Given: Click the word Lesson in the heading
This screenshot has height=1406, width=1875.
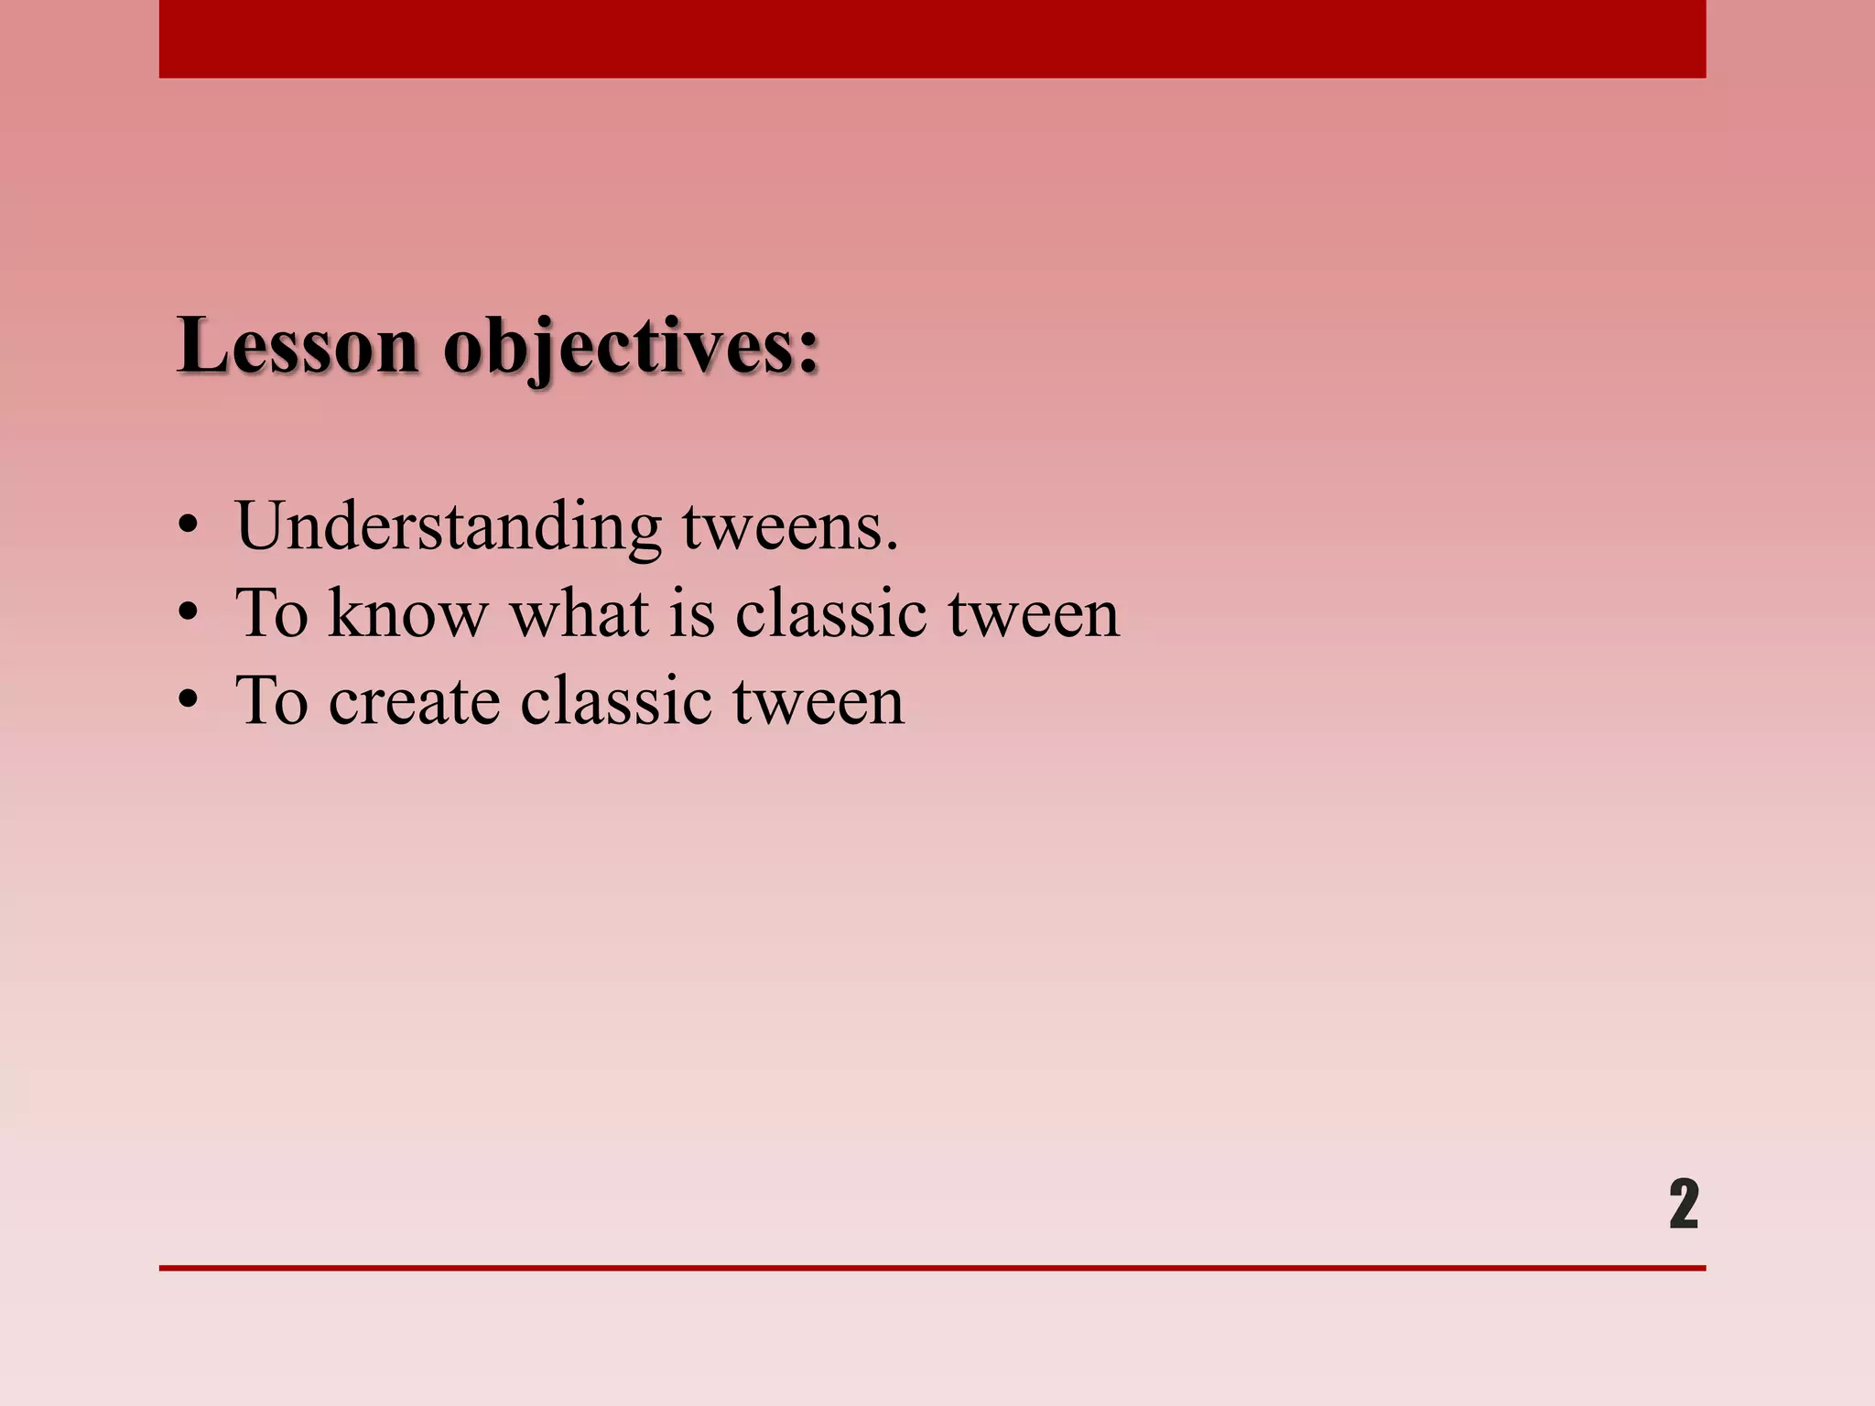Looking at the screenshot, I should (298, 346).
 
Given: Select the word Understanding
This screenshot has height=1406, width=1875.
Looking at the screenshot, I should (448, 527).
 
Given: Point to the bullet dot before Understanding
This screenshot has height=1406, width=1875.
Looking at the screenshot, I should (189, 527).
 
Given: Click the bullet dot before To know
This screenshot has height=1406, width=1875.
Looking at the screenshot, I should (189, 614).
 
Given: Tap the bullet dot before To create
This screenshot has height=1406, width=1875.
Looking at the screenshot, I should (189, 701).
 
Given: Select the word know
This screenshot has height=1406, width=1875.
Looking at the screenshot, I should (407, 613).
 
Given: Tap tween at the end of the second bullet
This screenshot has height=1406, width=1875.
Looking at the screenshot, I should (1034, 613).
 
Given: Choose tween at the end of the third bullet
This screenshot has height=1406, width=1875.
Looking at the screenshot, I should (818, 701).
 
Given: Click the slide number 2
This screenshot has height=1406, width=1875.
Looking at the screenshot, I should (1683, 1204).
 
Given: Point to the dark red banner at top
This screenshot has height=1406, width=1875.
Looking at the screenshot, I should (932, 38).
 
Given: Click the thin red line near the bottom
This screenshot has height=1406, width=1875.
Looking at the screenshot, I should (932, 1268).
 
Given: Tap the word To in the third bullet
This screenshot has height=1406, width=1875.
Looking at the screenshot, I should (272, 701).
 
